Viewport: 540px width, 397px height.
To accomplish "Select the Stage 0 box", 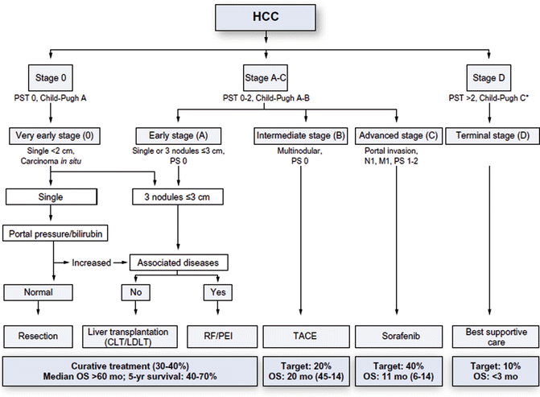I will click(x=51, y=77).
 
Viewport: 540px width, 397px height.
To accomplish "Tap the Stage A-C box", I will click(x=267, y=77).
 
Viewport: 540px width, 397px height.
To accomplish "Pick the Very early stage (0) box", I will click(x=51, y=135).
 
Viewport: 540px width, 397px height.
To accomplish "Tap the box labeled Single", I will click(x=51, y=195).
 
